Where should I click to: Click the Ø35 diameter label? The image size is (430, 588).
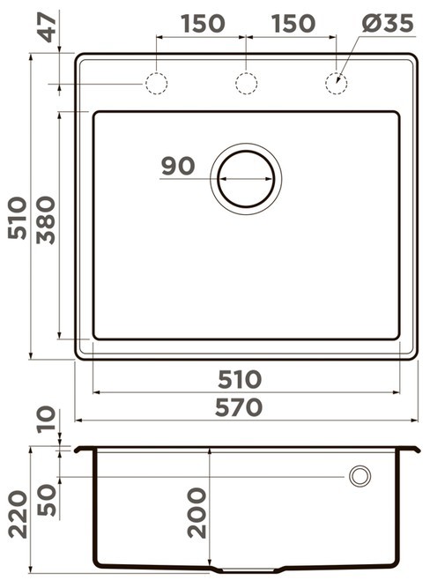point(388,23)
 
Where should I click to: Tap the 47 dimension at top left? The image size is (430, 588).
point(48,27)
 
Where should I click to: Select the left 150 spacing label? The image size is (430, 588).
point(203,23)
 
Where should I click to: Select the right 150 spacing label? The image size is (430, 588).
point(293,23)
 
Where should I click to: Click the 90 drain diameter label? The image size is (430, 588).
point(178,166)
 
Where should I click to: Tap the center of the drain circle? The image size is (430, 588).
point(247,179)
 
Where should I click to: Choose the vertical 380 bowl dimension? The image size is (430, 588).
point(46,220)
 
